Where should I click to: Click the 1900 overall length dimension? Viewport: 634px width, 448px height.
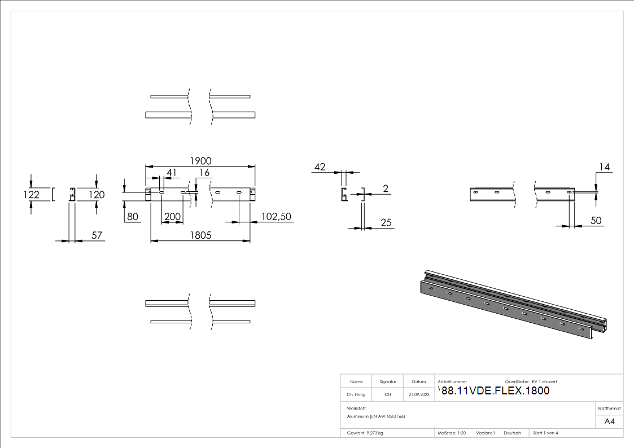click(200, 161)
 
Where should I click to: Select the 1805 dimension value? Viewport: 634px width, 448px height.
click(200, 235)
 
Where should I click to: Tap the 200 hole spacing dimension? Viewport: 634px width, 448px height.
click(172, 217)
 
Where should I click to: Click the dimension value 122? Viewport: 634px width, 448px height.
click(32, 195)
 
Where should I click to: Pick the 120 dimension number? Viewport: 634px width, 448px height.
click(97, 195)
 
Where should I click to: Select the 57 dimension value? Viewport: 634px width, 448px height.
click(97, 235)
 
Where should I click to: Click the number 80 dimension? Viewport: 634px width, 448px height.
click(133, 217)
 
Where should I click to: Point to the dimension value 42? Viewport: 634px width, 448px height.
click(320, 166)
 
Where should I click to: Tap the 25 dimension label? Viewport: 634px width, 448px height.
click(386, 223)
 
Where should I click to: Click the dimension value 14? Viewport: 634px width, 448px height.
click(605, 167)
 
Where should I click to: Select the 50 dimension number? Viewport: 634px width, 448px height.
click(596, 221)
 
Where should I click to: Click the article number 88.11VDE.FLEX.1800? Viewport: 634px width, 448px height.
click(495, 391)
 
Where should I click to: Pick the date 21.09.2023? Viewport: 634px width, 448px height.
click(419, 395)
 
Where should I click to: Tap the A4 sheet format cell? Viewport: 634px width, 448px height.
click(610, 421)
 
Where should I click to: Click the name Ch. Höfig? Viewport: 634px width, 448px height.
click(356, 395)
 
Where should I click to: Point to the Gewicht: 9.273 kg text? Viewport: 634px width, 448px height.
click(365, 433)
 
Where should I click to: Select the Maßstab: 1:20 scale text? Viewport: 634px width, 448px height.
click(452, 433)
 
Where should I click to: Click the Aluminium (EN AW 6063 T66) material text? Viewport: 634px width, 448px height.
click(376, 416)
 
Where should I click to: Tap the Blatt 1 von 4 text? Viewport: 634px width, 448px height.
click(546, 433)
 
